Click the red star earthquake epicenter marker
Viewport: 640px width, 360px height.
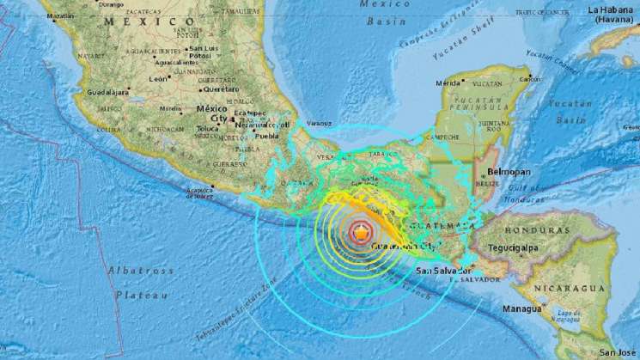click(x=363, y=231)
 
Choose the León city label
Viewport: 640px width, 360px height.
click(x=158, y=78)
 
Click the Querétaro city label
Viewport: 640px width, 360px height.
click(x=221, y=88)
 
